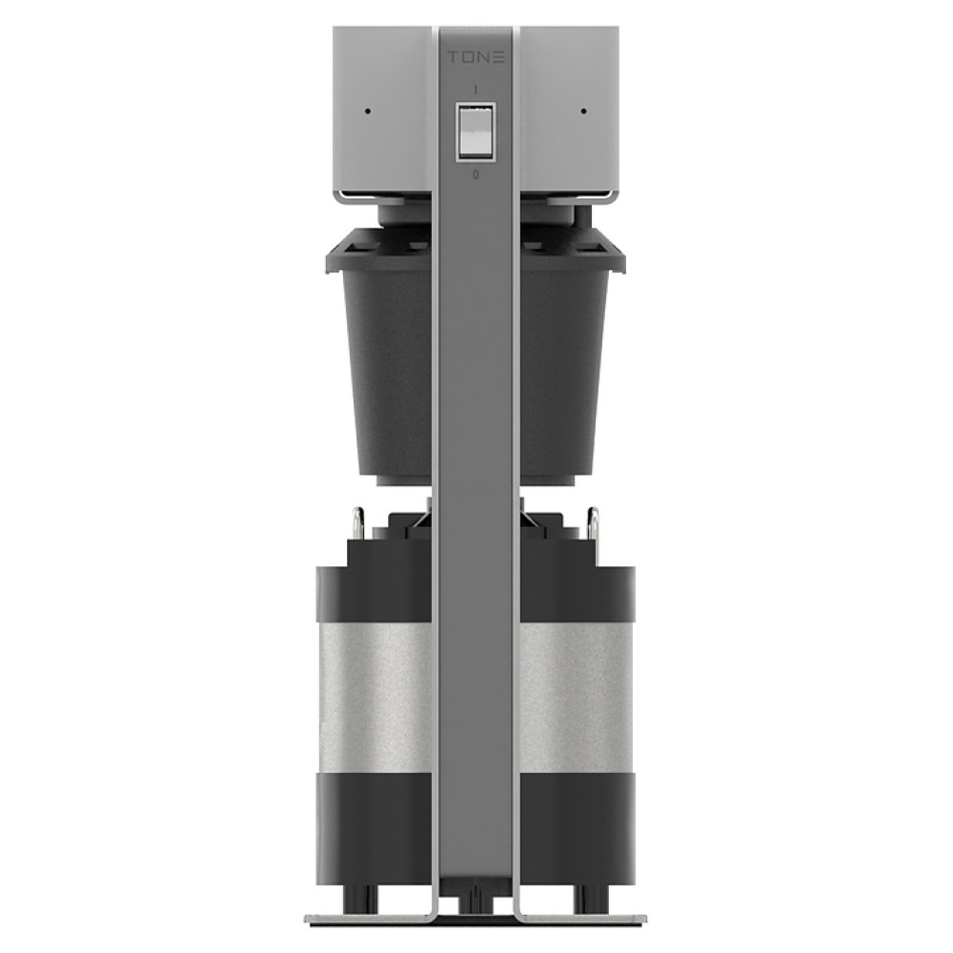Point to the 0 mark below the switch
coord(476,174)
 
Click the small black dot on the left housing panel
coord(368,112)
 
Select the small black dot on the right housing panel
coord(583,112)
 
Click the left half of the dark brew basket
coord(392,358)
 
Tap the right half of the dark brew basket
coord(562,358)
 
